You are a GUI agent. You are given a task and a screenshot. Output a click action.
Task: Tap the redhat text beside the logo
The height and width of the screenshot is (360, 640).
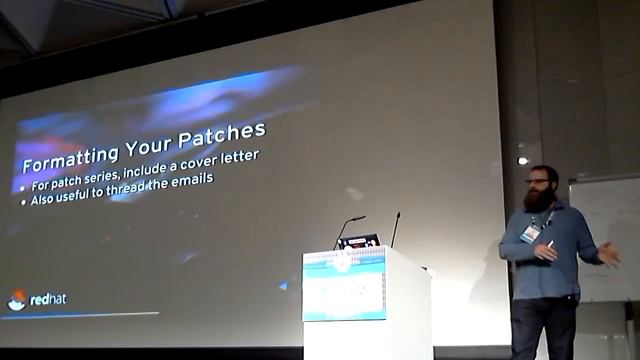tap(47, 298)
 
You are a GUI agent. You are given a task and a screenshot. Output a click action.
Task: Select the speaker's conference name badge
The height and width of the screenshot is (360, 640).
tap(530, 233)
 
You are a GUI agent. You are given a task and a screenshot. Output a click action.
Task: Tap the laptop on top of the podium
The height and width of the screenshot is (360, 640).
tap(357, 241)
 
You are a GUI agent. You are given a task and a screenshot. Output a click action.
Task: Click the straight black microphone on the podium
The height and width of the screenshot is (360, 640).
tap(394, 229)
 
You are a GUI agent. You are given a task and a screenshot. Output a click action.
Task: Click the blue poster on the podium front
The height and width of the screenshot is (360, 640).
tap(344, 285)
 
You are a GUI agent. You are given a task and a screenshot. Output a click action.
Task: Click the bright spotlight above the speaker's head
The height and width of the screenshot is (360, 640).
tap(522, 160)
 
